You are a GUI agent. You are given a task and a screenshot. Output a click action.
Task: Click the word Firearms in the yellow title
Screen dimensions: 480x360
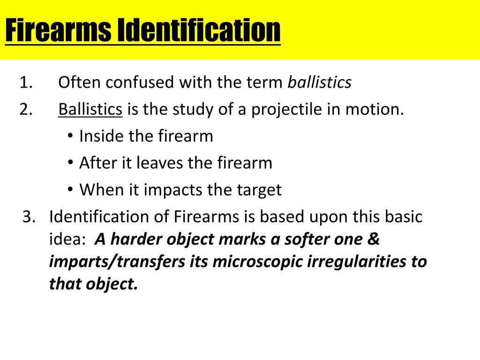[58, 30]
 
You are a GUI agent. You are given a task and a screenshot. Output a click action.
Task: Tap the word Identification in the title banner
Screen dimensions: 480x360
[199, 30]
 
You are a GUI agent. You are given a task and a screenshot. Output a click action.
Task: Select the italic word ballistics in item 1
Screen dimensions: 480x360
[320, 82]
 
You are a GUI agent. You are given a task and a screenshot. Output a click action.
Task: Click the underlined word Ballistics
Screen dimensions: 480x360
[90, 109]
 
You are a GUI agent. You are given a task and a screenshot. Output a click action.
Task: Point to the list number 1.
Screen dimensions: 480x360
[26, 82]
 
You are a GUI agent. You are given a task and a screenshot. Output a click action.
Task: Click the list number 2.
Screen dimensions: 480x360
[26, 109]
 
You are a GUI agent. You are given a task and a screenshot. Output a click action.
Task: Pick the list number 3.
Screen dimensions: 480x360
[29, 217]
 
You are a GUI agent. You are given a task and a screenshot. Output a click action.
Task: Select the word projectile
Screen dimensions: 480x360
[286, 110]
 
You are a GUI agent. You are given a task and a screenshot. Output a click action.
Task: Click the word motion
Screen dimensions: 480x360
[375, 109]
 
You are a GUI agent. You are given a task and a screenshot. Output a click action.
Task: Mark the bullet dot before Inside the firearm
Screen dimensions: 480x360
[70, 135]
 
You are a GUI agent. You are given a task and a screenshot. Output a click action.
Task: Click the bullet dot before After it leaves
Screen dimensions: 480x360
[70, 162]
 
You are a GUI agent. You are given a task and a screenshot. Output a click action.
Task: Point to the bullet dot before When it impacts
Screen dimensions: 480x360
[70, 189]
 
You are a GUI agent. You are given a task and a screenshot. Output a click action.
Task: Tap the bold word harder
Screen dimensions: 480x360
[136, 239]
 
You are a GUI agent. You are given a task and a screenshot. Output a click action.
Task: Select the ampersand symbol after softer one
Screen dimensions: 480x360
[373, 239]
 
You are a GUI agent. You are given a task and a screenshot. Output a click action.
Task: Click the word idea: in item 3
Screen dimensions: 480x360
[67, 239]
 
